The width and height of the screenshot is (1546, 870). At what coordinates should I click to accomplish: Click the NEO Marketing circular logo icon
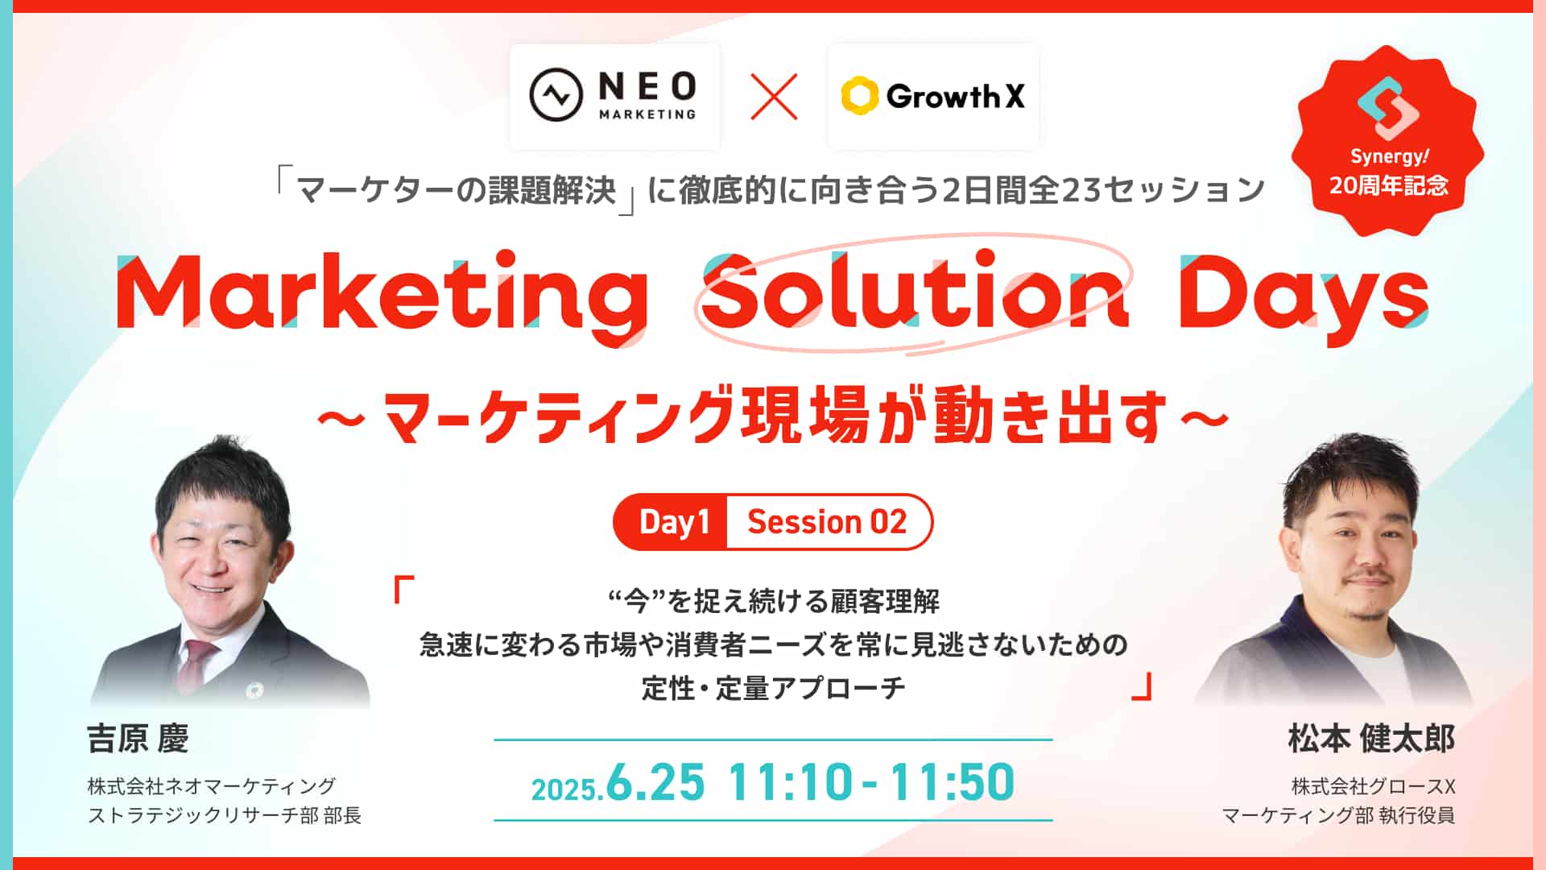[x=556, y=95]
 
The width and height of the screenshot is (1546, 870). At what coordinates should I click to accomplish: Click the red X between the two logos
[x=774, y=97]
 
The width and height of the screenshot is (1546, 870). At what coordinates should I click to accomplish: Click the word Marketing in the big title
[x=382, y=293]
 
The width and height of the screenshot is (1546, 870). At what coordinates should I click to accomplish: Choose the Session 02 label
[x=827, y=522]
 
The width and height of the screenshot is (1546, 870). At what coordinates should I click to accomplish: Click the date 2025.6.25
[x=618, y=782]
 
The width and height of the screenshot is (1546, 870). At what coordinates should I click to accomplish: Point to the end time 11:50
[x=953, y=782]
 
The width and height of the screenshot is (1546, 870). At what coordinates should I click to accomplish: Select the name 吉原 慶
[x=138, y=739]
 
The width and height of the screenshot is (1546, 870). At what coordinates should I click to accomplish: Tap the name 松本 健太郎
[x=1371, y=739]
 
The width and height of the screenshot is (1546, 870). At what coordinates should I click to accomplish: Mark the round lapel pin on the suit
[x=255, y=690]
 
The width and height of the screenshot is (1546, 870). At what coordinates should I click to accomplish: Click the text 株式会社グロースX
[x=1374, y=786]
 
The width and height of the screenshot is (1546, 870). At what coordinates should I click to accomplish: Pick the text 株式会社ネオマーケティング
[x=212, y=786]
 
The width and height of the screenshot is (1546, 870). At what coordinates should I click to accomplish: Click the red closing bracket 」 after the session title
[x=1142, y=687]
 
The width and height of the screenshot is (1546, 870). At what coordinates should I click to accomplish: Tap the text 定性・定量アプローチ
[x=773, y=688]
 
